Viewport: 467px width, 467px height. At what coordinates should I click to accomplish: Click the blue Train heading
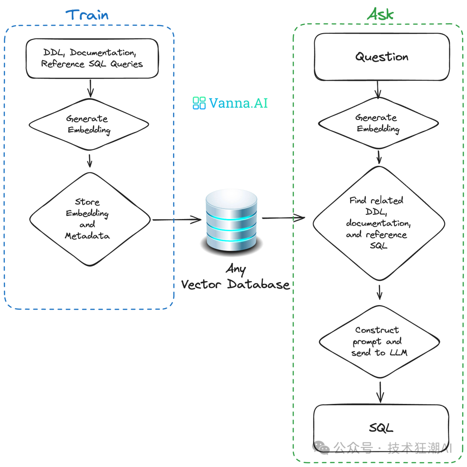[87, 15]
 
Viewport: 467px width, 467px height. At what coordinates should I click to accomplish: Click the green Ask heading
[381, 14]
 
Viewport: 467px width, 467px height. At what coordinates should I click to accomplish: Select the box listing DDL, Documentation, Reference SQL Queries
[92, 58]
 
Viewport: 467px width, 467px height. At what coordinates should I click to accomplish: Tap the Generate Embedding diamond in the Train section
[89, 124]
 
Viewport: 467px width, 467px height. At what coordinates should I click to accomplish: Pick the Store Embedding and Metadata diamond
[90, 219]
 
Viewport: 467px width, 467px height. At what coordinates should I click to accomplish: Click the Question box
[382, 57]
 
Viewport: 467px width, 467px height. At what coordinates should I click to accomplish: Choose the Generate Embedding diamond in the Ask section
[378, 124]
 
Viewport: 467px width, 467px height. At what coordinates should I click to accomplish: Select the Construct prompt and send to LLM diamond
[379, 341]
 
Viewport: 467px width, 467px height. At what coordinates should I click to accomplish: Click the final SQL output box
[381, 428]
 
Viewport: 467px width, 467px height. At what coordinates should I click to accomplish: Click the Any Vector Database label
[235, 277]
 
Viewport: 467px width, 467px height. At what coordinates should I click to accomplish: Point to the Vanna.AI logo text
[238, 103]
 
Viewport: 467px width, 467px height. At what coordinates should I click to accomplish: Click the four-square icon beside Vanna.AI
[199, 103]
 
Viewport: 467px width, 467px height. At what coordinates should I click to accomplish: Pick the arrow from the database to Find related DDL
[283, 218]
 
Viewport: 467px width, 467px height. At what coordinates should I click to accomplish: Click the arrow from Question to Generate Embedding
[378, 89]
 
